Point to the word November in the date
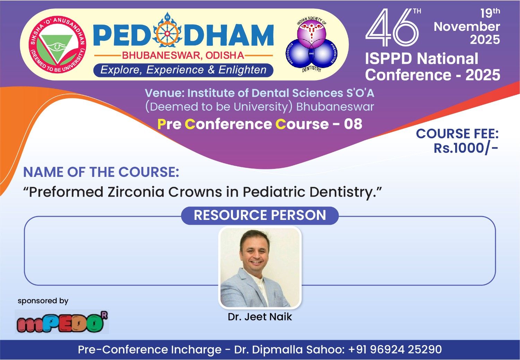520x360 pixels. [467, 26]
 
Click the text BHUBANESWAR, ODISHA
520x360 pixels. [183, 55]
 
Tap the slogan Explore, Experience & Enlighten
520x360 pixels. [183, 70]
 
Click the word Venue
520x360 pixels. [164, 93]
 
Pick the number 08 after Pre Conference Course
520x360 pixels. [353, 124]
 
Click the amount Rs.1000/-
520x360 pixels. [466, 148]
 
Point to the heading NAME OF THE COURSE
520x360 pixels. [101, 172]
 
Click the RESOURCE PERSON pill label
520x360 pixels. [260, 215]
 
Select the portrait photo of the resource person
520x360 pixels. [260, 267]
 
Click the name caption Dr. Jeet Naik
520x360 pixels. [260, 317]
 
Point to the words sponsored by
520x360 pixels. [43, 301]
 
